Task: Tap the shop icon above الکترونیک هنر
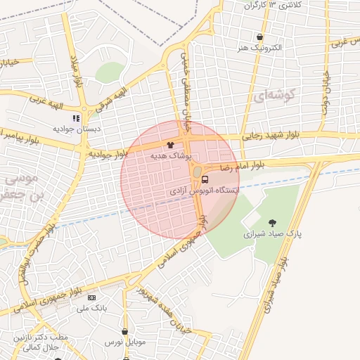coord(260,37)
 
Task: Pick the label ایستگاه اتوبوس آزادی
coord(205,191)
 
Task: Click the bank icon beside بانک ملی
coord(90,297)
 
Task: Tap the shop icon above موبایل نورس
coord(124,331)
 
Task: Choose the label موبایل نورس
coord(124,342)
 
